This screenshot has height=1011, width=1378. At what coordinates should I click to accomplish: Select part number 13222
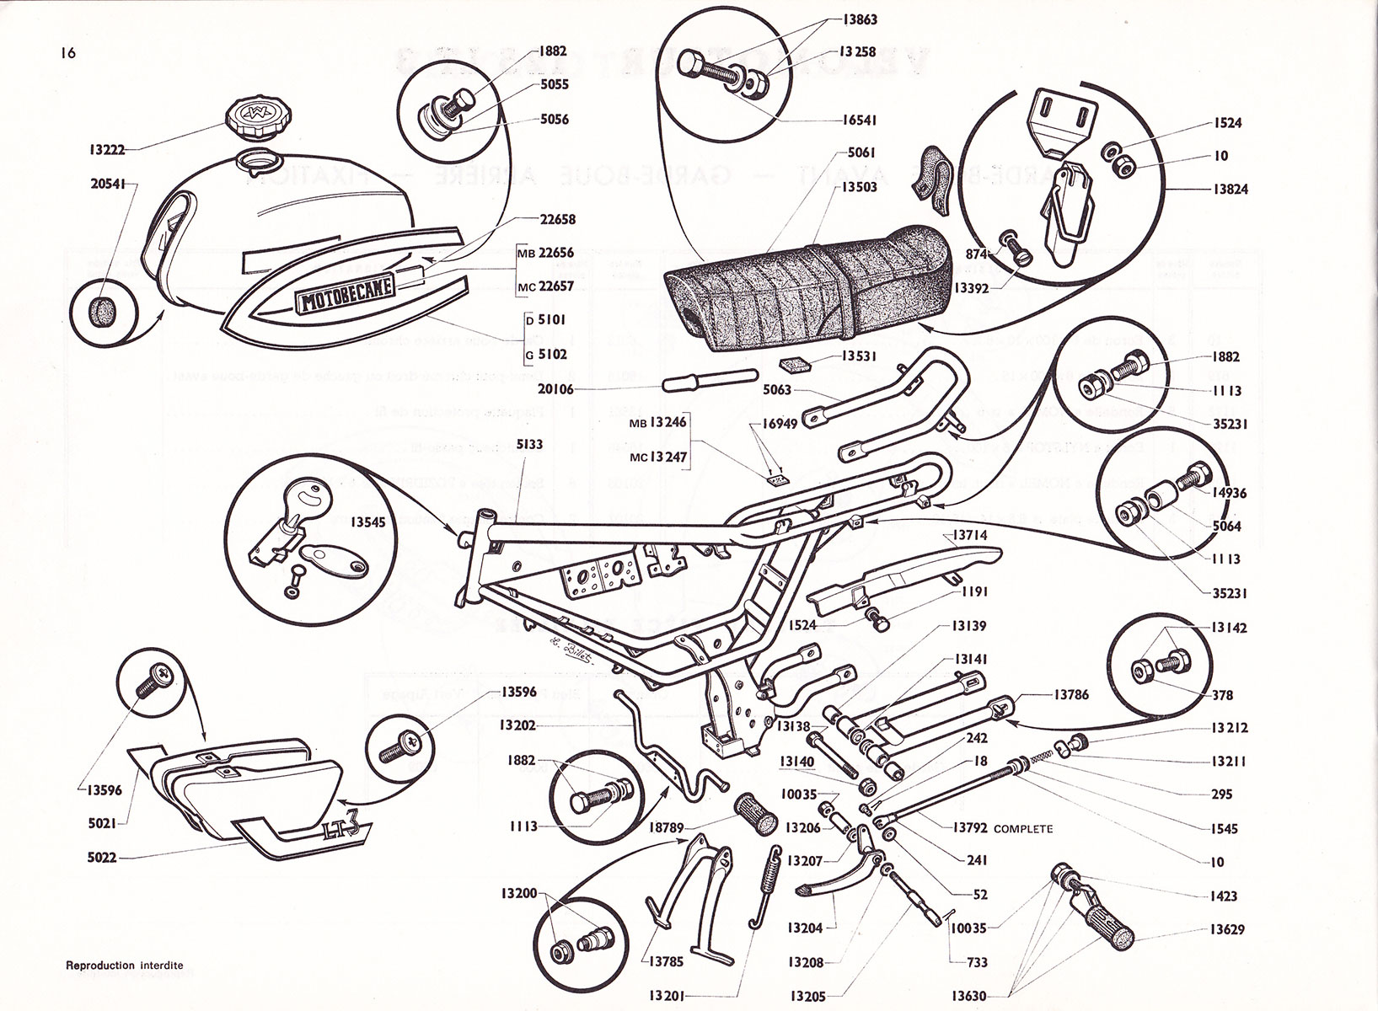[107, 150]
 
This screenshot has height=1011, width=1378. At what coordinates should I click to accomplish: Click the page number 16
[68, 53]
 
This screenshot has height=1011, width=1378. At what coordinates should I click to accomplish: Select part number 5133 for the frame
[531, 443]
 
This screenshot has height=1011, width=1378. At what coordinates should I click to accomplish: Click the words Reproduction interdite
[124, 966]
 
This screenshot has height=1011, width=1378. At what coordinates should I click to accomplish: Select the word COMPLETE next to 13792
[1023, 829]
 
